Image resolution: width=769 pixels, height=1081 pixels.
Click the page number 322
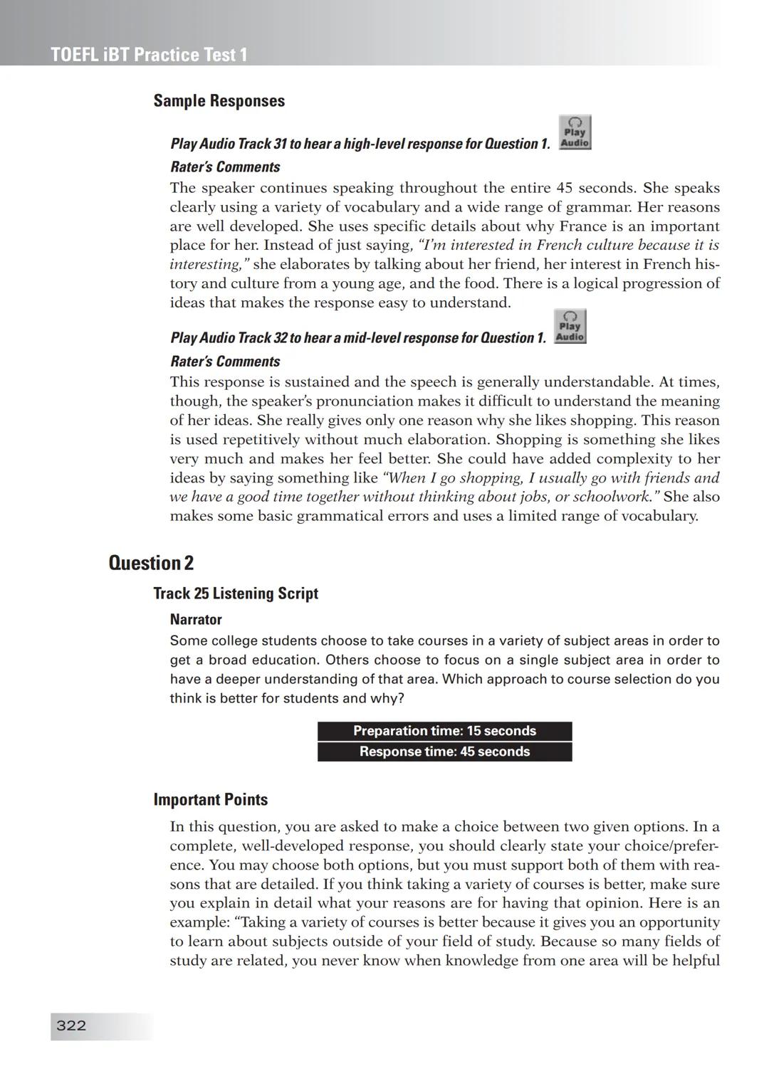pyautogui.click(x=71, y=1025)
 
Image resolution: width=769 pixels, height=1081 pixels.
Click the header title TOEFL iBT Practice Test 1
pyautogui.click(x=149, y=55)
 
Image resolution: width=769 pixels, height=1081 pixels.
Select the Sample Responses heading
pyautogui.click(x=219, y=101)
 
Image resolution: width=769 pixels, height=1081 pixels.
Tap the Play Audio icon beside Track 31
pyautogui.click(x=575, y=133)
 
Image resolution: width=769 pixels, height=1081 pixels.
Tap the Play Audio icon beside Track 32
pyautogui.click(x=570, y=327)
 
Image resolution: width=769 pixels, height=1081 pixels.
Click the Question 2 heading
pyautogui.click(x=151, y=563)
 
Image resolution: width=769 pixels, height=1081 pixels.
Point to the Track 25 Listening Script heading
pyautogui.click(x=236, y=594)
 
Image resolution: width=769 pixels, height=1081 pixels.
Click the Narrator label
pyautogui.click(x=196, y=619)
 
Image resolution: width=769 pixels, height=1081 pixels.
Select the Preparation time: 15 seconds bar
pyautogui.click(x=444, y=731)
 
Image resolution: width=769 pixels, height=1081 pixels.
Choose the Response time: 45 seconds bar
pyautogui.click(x=444, y=752)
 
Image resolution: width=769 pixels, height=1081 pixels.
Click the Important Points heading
pyautogui.click(x=211, y=800)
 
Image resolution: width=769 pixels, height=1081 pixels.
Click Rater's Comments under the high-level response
pyautogui.click(x=225, y=167)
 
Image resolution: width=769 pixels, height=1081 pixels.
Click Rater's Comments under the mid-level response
pyautogui.click(x=225, y=362)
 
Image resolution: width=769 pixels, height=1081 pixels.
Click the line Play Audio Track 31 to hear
pyautogui.click(x=360, y=144)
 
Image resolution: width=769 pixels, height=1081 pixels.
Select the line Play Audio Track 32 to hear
pyautogui.click(x=358, y=338)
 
